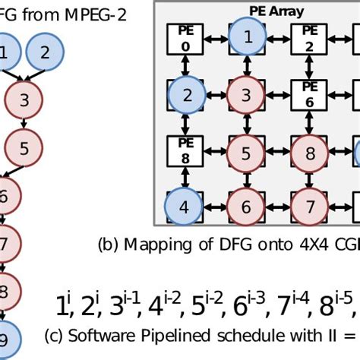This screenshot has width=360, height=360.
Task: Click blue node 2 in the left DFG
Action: click(46, 52)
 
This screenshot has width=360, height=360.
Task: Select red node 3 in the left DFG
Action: click(24, 99)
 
